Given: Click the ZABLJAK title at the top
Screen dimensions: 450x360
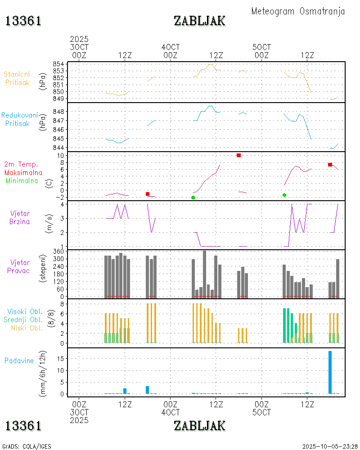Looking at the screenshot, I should pyautogui.click(x=199, y=21).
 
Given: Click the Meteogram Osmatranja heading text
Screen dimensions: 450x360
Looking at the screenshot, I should pyautogui.click(x=298, y=11).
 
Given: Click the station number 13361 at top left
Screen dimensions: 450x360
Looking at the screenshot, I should pyautogui.click(x=23, y=21).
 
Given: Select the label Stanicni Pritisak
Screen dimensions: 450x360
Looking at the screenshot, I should pyautogui.click(x=17, y=78).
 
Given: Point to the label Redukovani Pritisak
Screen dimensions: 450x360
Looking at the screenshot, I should pyautogui.click(x=19, y=119).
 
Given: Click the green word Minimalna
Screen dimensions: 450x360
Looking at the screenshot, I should pyautogui.click(x=23, y=181).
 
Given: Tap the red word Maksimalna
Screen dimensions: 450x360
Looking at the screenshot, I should pyautogui.click(x=23, y=172).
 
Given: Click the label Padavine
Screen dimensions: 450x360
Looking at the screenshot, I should pyautogui.click(x=19, y=360).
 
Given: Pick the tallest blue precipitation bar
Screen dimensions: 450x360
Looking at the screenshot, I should pyautogui.click(x=330, y=372).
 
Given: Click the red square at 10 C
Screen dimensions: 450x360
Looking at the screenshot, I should pyautogui.click(x=238, y=155).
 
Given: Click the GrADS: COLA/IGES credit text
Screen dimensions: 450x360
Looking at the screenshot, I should pyautogui.click(x=27, y=446).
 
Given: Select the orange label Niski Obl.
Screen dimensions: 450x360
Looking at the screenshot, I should pyautogui.click(x=23, y=328).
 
